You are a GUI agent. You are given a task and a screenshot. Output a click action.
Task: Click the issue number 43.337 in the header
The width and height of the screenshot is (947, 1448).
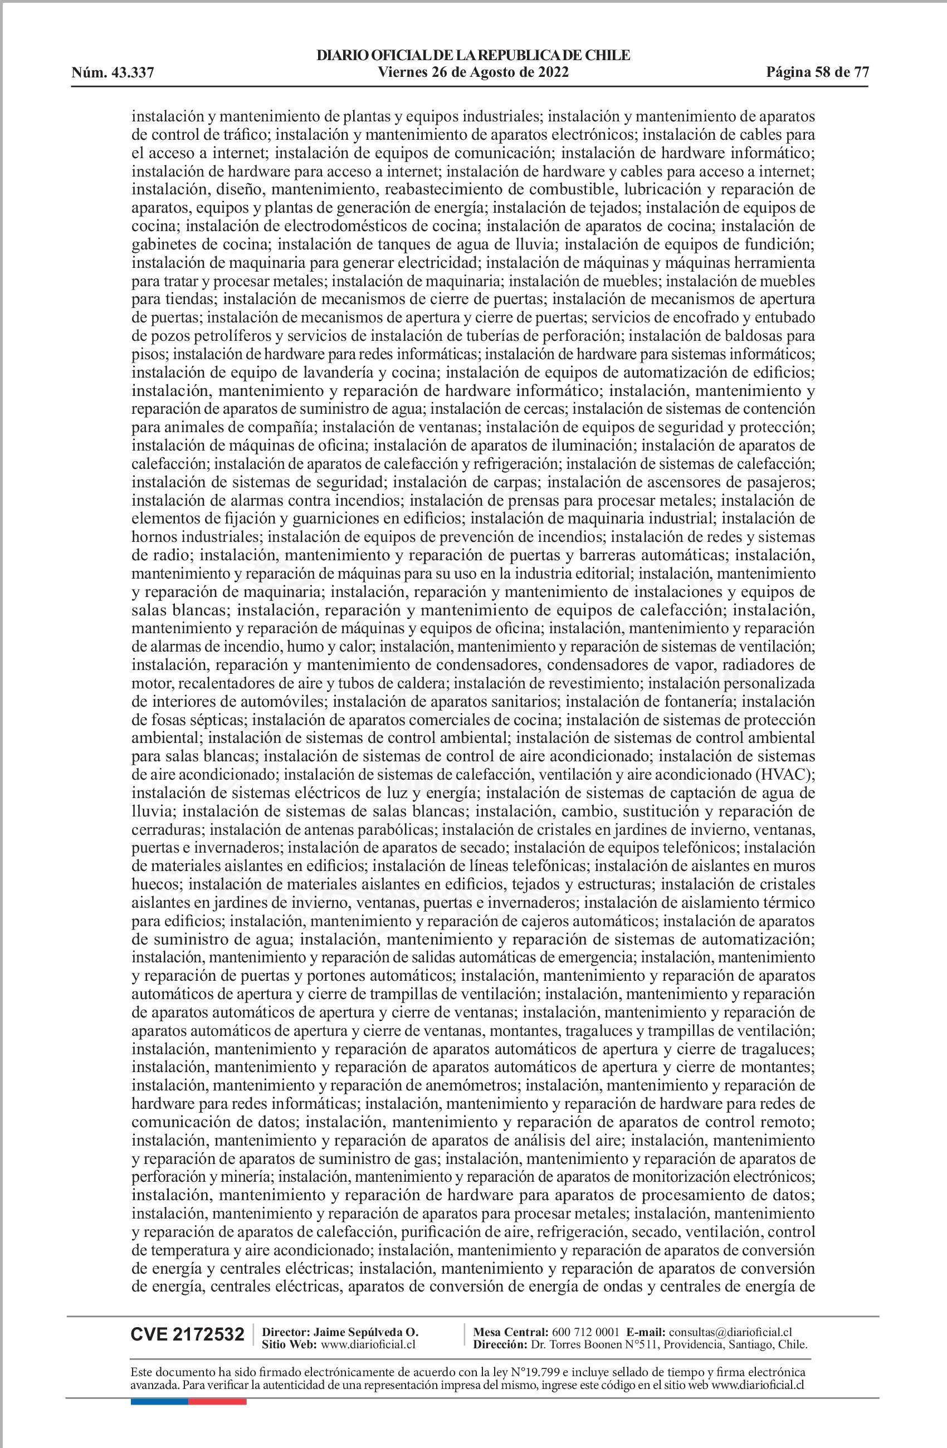coord(133,74)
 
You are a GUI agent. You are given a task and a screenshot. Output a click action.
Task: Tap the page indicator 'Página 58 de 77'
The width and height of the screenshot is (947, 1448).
coord(817,73)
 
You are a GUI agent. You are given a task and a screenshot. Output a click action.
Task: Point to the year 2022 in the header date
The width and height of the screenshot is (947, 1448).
coord(553,73)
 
